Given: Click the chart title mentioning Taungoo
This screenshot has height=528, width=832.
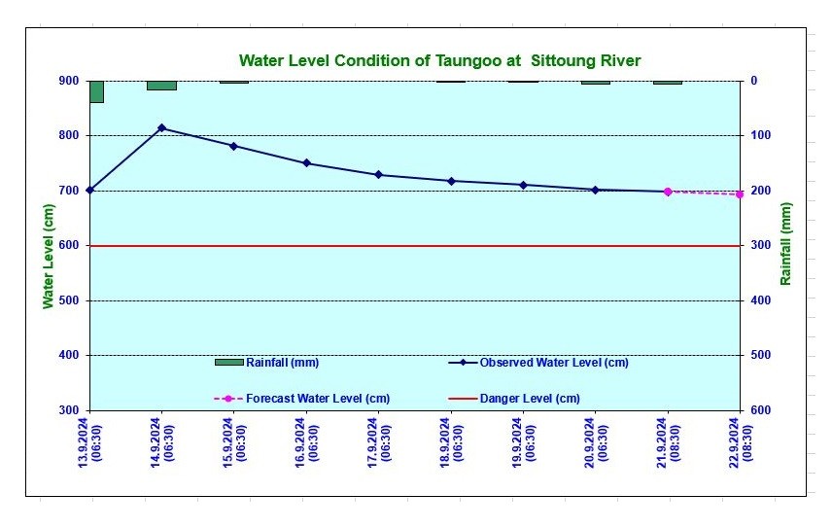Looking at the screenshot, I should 439,60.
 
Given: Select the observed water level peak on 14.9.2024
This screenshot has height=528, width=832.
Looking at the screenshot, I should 161,128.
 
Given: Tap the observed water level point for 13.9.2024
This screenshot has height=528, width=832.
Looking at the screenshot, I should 89,190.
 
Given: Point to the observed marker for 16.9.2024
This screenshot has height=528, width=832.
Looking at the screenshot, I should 306,163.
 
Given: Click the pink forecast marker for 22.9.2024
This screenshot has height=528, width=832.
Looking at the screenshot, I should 740,194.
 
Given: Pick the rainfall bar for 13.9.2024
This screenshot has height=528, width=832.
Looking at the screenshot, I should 96,91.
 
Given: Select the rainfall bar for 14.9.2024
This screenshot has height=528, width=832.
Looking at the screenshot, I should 161,86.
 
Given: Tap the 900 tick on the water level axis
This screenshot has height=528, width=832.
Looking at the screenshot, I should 69,81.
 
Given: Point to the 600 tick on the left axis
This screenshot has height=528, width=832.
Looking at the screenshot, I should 69,246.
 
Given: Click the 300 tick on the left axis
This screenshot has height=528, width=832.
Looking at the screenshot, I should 69,410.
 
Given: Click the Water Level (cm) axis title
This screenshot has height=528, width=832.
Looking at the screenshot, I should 48,257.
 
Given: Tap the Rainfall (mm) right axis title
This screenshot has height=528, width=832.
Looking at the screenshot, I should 785,244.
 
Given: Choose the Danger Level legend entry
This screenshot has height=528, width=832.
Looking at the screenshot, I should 529,399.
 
